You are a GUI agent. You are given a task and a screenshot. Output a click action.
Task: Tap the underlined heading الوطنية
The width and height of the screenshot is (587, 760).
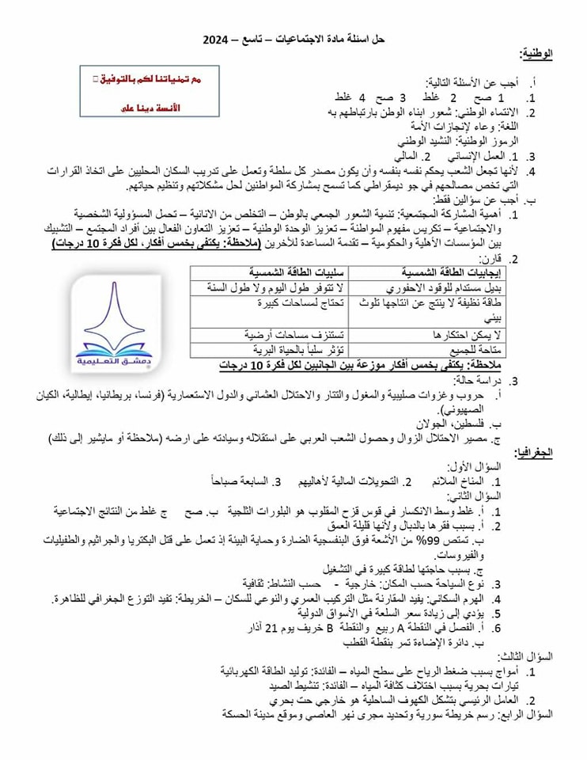[x=536, y=54]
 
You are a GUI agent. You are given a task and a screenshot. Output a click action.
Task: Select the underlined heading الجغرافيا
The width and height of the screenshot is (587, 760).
[x=534, y=453]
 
